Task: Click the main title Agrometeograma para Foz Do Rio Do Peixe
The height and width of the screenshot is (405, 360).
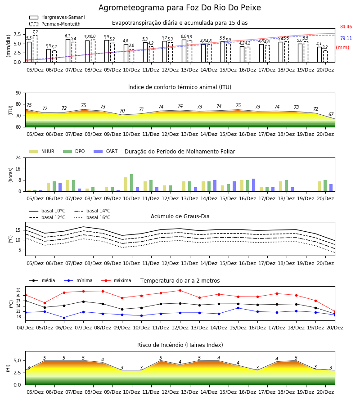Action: [180, 8]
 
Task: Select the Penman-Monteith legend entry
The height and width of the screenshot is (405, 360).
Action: [55, 24]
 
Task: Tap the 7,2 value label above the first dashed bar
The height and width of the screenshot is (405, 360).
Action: [35, 32]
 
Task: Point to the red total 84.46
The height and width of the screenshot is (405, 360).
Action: [346, 27]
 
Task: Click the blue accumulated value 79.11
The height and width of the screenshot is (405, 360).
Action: [346, 38]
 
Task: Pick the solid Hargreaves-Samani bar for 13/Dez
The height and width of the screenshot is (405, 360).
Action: [184, 51]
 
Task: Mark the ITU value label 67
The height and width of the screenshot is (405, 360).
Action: [331, 114]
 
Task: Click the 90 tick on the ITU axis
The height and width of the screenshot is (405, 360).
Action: [18, 93]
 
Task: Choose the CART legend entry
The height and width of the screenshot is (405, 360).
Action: [106, 151]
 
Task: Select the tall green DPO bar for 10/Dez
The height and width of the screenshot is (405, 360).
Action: [132, 183]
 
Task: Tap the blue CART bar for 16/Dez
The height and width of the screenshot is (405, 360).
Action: [254, 185]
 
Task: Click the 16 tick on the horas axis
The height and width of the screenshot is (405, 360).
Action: [18, 169]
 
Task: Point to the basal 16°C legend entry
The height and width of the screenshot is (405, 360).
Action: [92, 217]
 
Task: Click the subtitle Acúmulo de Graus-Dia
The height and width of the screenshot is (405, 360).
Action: [180, 216]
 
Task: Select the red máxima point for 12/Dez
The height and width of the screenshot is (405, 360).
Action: [180, 291]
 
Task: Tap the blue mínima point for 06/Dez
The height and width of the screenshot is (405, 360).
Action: [64, 318]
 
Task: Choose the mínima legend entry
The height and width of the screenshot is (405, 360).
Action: [78, 280]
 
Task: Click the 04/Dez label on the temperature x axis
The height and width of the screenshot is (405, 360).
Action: [25, 328]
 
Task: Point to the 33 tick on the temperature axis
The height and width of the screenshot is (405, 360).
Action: [18, 290]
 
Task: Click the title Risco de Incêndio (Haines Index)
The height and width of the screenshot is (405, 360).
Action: [180, 345]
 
